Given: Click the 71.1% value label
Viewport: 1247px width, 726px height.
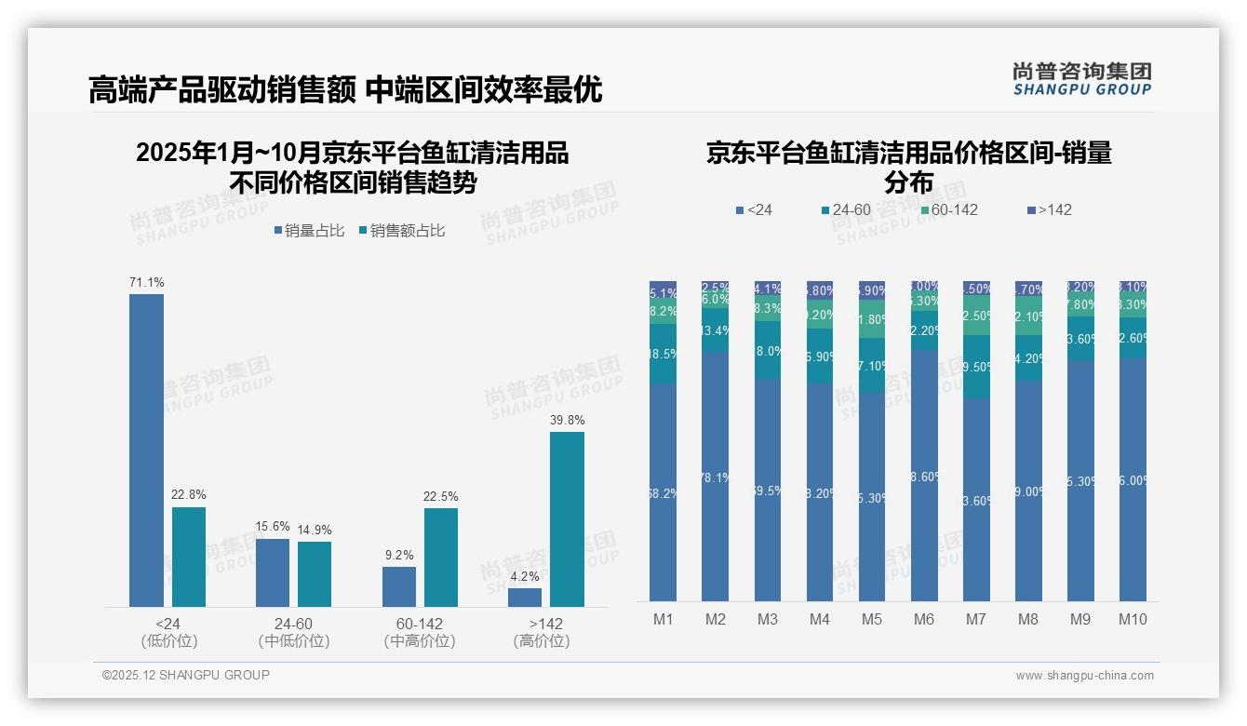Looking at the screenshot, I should (x=146, y=282).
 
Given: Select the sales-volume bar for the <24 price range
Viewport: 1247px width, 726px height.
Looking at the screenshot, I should (x=146, y=450).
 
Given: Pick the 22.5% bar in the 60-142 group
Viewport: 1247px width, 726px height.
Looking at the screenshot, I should (x=441, y=558).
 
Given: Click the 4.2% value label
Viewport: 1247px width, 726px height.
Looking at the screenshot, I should (x=525, y=576).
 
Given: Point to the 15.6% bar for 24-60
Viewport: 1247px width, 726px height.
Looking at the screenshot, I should (x=273, y=572).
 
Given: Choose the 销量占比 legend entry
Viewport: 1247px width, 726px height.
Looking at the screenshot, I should (x=309, y=231).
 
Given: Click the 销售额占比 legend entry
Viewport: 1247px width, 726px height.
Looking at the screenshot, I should (x=401, y=231).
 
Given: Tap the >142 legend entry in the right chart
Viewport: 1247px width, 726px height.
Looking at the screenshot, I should (x=1049, y=210).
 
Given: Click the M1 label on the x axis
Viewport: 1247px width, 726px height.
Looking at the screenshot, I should (x=663, y=619).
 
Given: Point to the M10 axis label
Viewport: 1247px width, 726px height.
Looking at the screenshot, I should (x=1133, y=619).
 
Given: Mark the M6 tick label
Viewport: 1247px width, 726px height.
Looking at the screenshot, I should (x=924, y=619).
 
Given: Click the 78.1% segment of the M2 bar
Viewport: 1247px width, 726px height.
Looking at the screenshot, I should (x=716, y=477).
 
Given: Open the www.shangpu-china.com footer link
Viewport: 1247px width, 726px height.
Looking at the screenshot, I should (x=1084, y=676).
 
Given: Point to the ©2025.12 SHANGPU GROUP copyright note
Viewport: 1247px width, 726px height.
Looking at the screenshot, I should (x=186, y=675).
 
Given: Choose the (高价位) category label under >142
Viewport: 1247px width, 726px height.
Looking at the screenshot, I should (x=541, y=641).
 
